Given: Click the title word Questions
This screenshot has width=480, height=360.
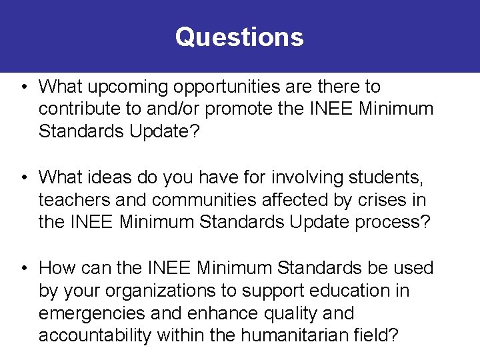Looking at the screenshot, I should click(239, 37).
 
